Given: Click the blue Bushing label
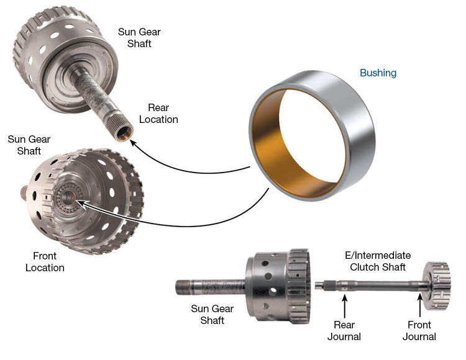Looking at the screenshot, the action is (378, 73).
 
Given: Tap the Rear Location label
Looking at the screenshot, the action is (158, 114).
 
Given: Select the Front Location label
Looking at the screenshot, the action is (45, 262).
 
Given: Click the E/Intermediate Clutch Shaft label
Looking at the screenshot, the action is (378, 261).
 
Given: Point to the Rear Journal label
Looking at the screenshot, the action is (344, 331).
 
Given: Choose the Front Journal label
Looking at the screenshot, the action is (419, 331).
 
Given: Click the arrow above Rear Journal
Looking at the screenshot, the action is (344, 306).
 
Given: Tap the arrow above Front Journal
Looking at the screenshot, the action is (419, 305).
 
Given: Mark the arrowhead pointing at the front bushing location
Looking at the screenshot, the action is (80, 203).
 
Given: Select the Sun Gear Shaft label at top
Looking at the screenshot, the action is (139, 38).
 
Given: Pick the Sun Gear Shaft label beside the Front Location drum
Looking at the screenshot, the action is (29, 145).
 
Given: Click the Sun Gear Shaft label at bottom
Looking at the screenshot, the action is (212, 315).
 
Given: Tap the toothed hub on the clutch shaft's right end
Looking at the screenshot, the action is (437, 286).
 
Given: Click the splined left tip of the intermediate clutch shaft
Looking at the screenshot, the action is (321, 286).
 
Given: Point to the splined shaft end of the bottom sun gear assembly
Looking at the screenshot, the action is (184, 287).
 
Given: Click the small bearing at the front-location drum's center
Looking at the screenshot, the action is (69, 197).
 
